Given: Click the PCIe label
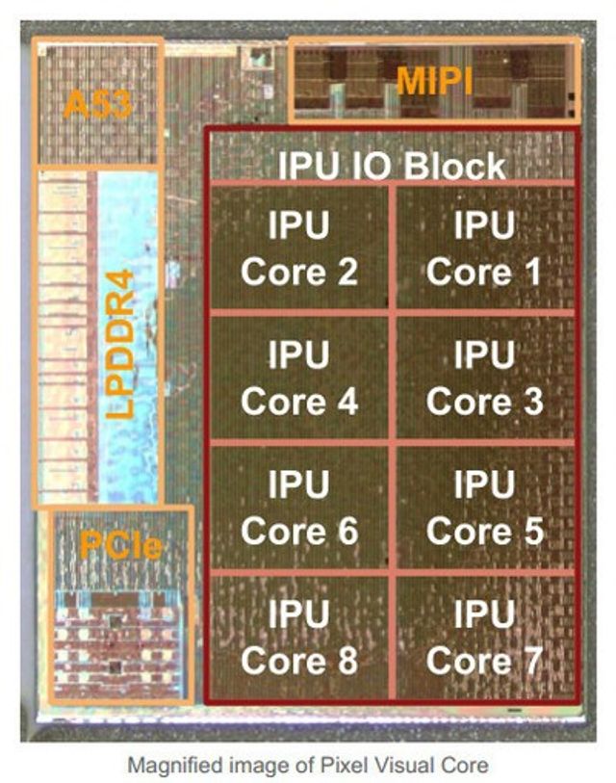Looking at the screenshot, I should coord(120,545).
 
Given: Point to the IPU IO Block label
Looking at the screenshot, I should coord(391,165).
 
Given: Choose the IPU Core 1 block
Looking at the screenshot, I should coord(484,248).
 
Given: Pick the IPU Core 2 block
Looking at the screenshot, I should coord(299,248).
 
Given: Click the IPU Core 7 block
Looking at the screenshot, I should coord(484,637).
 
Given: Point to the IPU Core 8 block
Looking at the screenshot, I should coord(299,637).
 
